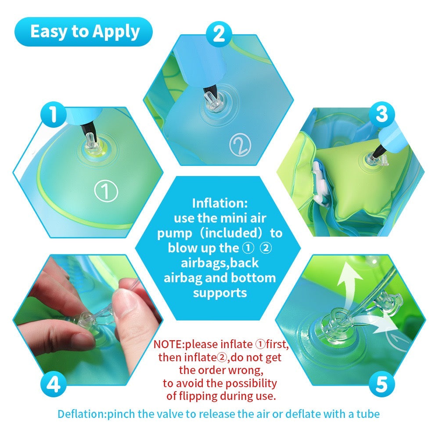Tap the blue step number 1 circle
coord(53,115)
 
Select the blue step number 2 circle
coord(219,34)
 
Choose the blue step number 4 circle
coord(53,385)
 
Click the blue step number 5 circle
coord(381,385)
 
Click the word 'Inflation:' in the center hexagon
coord(220,203)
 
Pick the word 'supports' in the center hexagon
coord(220,292)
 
